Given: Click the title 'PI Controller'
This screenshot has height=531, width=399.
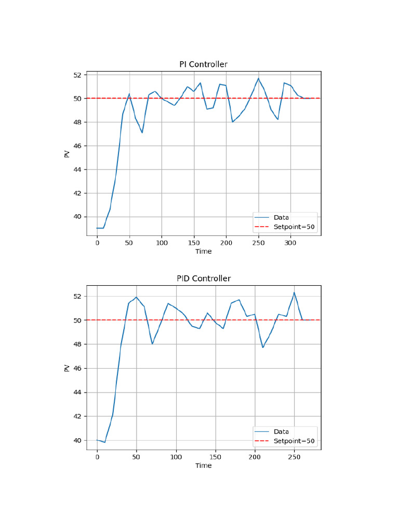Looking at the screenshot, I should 203,64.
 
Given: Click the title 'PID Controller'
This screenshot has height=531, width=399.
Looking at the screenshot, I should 203,278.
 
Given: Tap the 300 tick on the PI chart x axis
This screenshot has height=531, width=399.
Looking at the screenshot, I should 290,243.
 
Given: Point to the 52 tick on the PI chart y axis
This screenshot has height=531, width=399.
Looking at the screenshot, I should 77,75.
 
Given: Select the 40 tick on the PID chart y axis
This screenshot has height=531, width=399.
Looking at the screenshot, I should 77,440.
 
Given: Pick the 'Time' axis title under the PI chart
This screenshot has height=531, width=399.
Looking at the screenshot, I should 203,251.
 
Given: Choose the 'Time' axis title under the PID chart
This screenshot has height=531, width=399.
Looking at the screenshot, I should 203,466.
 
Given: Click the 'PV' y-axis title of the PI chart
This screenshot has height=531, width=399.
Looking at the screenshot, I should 67,153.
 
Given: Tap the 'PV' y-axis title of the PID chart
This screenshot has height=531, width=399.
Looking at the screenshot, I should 67,368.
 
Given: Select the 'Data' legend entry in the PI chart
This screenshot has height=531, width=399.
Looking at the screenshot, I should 281,217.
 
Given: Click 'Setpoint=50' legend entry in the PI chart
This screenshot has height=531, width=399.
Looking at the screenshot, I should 294,227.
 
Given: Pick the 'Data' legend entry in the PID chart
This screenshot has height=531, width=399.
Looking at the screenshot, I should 281,431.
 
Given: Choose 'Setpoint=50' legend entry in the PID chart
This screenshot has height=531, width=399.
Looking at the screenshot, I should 294,441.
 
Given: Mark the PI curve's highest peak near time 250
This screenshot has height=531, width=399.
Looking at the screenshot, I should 258,78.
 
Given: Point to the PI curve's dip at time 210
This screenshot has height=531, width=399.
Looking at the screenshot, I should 233,122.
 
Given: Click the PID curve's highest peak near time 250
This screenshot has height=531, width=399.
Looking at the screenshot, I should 294,292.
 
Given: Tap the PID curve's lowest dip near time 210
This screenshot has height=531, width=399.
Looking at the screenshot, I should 263,347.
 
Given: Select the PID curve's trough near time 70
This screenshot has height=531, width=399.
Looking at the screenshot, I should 152,344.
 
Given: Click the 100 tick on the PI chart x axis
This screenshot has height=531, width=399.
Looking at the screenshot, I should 162,243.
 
